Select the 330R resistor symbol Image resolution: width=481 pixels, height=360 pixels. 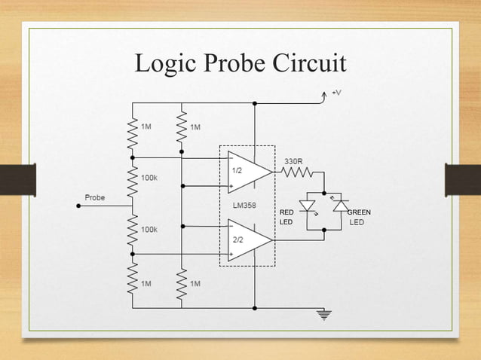tap(296, 172)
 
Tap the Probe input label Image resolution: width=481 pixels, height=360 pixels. tap(94, 197)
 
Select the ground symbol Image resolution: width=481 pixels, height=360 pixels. tap(326, 315)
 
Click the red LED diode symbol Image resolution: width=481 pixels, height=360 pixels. tap(308, 205)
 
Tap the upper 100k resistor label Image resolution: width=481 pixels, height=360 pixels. tap(149, 178)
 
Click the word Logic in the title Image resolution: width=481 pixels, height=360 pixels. tap(159, 66)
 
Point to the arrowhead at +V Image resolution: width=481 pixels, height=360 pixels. tap(325, 93)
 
